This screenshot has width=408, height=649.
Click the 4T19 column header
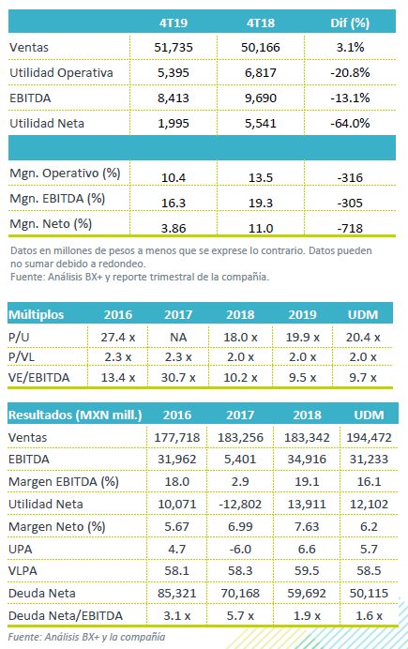point(174,23)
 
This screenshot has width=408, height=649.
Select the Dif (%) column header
point(350,23)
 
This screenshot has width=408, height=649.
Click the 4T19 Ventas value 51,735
point(174,47)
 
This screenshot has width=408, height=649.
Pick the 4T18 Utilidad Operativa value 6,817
point(261,73)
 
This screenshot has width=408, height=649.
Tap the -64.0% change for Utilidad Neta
point(350,124)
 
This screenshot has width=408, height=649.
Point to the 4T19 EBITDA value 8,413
point(174,98)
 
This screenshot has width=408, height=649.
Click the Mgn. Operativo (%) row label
point(65,174)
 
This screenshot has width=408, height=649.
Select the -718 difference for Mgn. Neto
point(350,228)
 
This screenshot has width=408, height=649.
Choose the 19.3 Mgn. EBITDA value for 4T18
point(261,203)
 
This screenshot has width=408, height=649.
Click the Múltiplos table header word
point(36,315)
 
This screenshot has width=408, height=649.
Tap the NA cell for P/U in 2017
point(178,338)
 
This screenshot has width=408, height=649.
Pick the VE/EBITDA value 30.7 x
point(178,377)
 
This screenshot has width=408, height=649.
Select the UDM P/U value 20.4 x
point(363,338)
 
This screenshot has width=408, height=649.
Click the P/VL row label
point(21,356)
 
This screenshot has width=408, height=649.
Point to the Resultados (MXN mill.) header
point(75,415)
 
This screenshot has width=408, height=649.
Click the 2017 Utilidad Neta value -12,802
point(240,505)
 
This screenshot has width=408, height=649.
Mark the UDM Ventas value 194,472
point(369,437)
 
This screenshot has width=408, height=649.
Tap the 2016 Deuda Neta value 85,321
point(176,593)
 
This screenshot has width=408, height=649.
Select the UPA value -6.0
point(240,549)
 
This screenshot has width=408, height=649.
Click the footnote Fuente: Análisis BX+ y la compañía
point(86,637)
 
